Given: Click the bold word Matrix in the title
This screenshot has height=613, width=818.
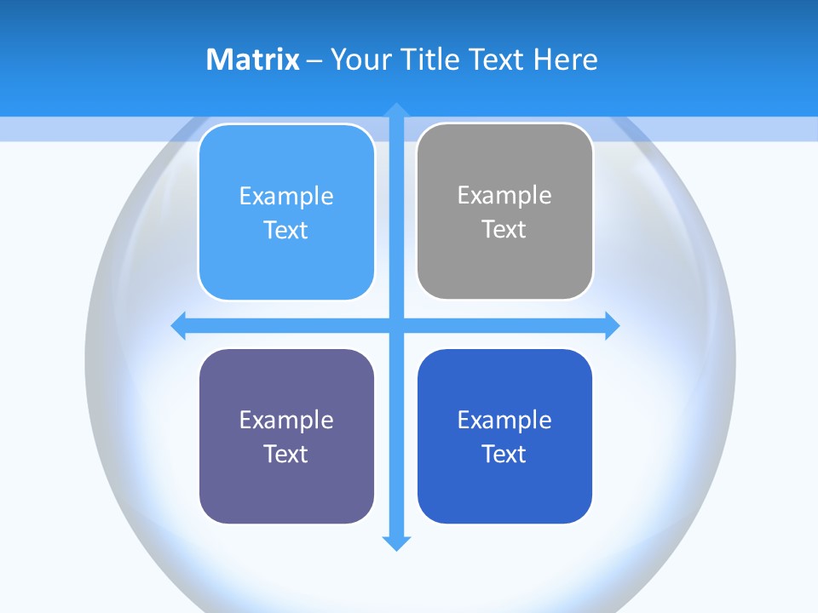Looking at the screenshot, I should (x=252, y=60).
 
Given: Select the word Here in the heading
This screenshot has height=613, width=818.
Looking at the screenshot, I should (x=565, y=60).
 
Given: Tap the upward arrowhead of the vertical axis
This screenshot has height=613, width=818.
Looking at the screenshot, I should (x=396, y=110).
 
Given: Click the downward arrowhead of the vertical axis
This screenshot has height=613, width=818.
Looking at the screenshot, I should (x=396, y=542).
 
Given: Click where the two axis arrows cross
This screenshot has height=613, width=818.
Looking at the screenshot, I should (x=396, y=325).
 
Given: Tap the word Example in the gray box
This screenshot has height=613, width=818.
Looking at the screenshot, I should (x=504, y=195).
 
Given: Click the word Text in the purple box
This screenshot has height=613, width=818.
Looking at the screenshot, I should (x=285, y=454).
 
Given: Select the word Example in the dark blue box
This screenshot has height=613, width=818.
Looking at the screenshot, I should (x=504, y=420).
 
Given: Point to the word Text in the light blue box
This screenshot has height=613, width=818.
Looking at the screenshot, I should (x=285, y=230).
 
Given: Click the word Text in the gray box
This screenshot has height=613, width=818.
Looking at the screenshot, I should (x=504, y=229).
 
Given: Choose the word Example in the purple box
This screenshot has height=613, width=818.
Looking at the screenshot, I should (x=286, y=420).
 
